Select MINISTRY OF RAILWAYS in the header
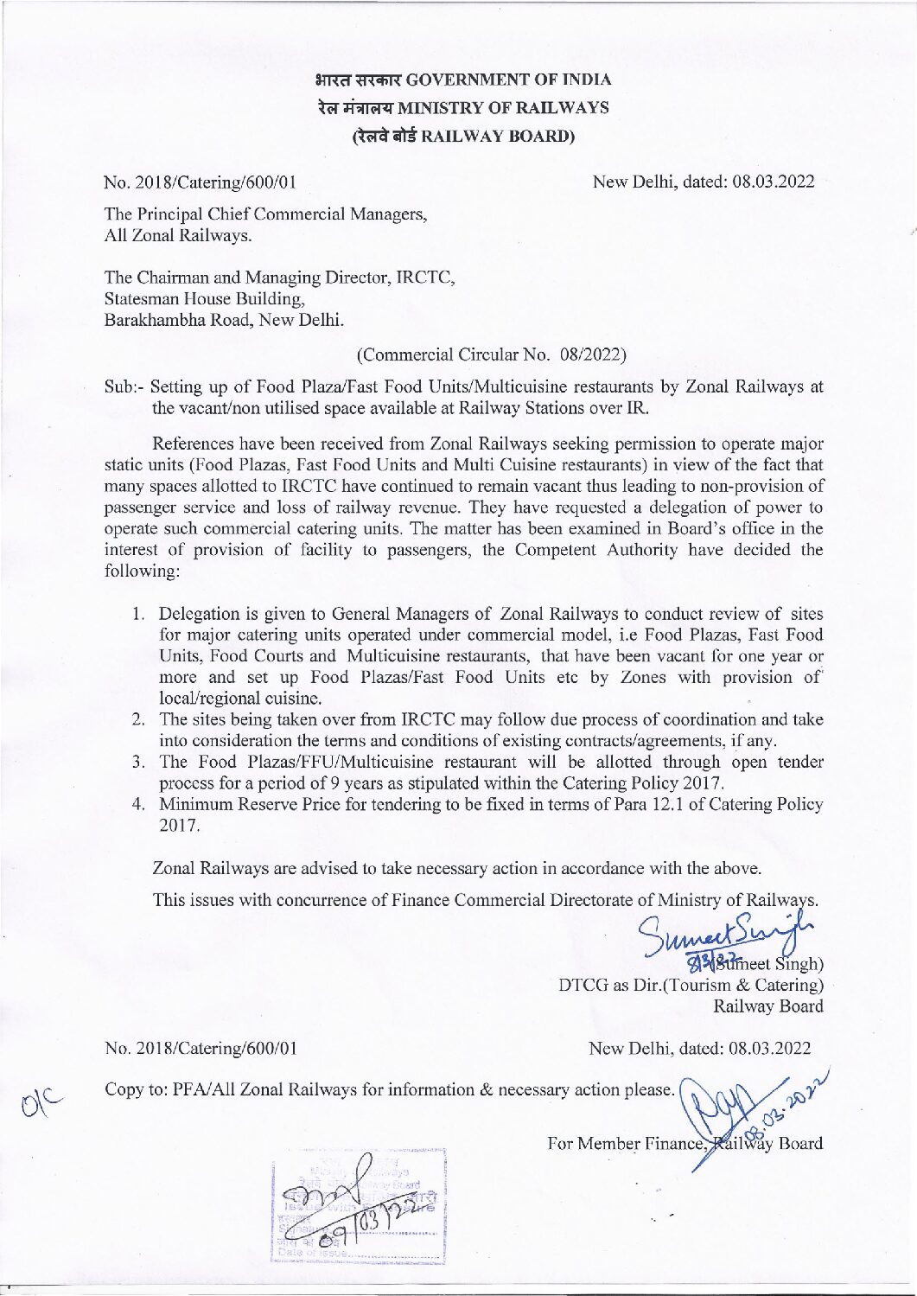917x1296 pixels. [509, 108]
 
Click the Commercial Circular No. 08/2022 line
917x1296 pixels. [490, 354]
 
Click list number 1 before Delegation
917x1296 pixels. [138, 614]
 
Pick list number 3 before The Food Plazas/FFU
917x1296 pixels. [138, 762]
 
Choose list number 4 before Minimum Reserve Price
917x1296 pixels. [138, 804]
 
